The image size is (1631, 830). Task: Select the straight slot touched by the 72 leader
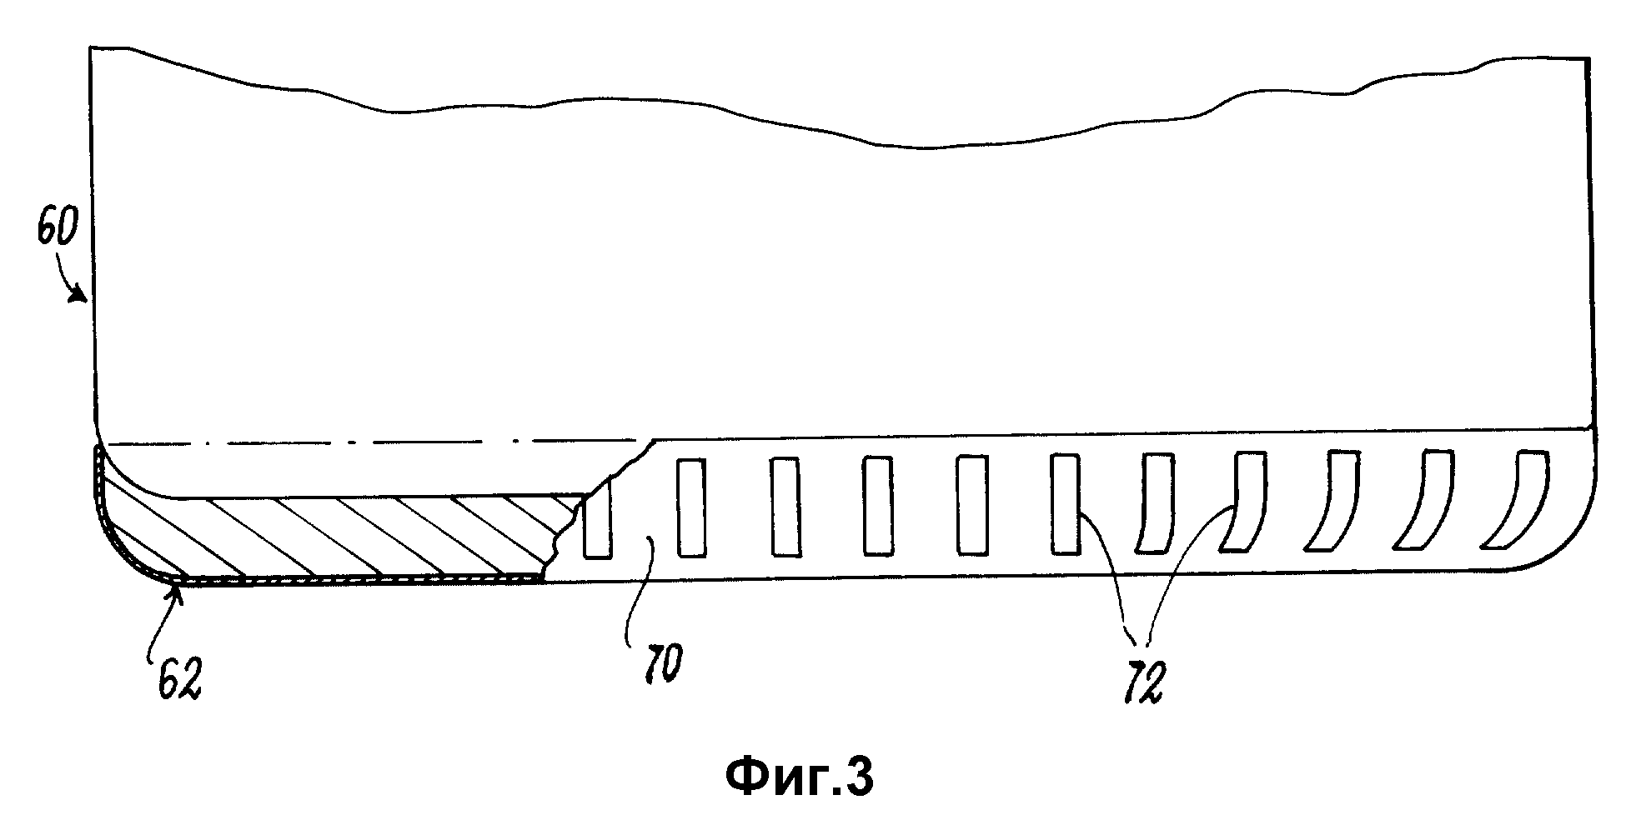[x=1063, y=503]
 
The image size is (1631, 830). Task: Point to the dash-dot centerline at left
[x=375, y=442]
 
